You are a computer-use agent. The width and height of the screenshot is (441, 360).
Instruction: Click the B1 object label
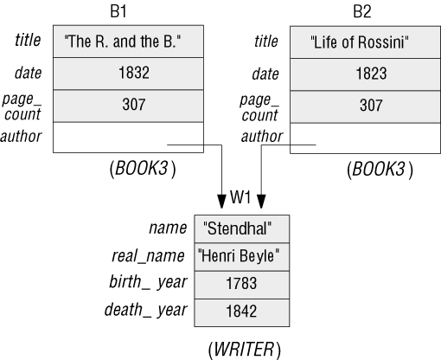click(x=118, y=11)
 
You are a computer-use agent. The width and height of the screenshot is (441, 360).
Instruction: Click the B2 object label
click(x=362, y=11)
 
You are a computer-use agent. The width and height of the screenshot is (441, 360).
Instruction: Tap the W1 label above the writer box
click(x=240, y=197)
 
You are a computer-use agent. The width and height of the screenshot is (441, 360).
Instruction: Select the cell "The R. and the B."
click(x=128, y=42)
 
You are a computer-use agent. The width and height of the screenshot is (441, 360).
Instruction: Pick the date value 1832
click(x=128, y=74)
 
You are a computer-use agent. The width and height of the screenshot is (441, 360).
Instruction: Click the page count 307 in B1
click(x=128, y=106)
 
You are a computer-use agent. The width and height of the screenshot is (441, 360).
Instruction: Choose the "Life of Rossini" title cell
click(x=365, y=42)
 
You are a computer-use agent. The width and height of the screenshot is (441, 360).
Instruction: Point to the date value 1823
click(x=365, y=74)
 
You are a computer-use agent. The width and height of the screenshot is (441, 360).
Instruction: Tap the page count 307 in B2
click(x=365, y=106)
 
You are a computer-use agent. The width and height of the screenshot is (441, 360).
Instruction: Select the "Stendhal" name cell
click(x=242, y=228)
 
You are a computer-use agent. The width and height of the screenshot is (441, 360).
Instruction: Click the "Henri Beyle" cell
click(x=242, y=256)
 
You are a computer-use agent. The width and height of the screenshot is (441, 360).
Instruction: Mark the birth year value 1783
click(x=242, y=285)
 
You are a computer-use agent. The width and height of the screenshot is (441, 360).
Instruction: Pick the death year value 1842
click(x=242, y=312)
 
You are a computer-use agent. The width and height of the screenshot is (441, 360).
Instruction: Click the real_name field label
click(x=148, y=256)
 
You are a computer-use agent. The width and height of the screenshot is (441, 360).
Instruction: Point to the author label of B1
click(x=21, y=137)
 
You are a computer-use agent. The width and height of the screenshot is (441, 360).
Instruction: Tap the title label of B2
click(x=266, y=41)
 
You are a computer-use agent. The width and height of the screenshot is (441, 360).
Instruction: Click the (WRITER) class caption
click(x=244, y=350)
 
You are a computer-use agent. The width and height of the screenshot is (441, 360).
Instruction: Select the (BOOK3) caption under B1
click(x=143, y=169)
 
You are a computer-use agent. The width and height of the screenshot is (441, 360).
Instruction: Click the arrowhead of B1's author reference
click(x=221, y=202)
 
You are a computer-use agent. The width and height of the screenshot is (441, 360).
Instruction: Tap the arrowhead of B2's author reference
click(x=261, y=202)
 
